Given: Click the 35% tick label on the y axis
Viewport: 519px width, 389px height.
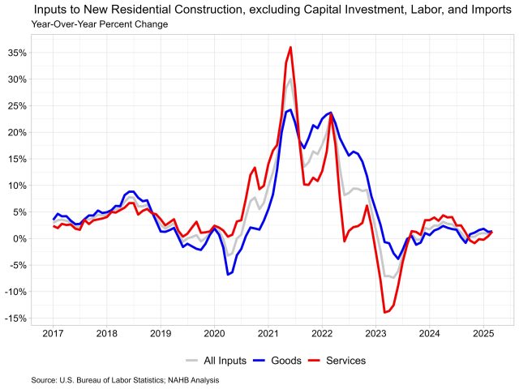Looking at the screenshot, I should tap(15, 53).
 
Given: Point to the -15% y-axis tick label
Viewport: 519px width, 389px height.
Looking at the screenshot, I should tap(14, 318).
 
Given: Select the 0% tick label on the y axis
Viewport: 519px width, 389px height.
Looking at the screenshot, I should tap(19, 238).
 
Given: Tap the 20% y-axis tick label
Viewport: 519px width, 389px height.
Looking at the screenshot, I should tap(15, 132).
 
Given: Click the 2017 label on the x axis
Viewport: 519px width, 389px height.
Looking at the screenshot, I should tap(54, 333).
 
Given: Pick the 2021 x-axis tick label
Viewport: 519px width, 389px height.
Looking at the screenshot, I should tap(268, 333).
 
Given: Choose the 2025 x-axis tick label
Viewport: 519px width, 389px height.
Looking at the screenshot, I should tap(483, 333).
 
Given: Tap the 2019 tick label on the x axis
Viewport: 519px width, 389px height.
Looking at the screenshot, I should tap(161, 333).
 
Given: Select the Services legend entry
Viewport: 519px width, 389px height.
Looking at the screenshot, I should tap(346, 361).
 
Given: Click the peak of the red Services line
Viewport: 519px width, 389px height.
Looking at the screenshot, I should tap(290, 47).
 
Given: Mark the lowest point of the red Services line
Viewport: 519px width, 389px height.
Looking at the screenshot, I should tap(384, 312).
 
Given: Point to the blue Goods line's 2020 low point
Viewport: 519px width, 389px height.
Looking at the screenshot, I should tap(228, 275).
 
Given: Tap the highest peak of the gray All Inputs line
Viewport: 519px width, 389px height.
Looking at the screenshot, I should tap(290, 79).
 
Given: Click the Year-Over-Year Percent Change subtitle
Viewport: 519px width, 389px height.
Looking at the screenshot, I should tap(100, 24).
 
